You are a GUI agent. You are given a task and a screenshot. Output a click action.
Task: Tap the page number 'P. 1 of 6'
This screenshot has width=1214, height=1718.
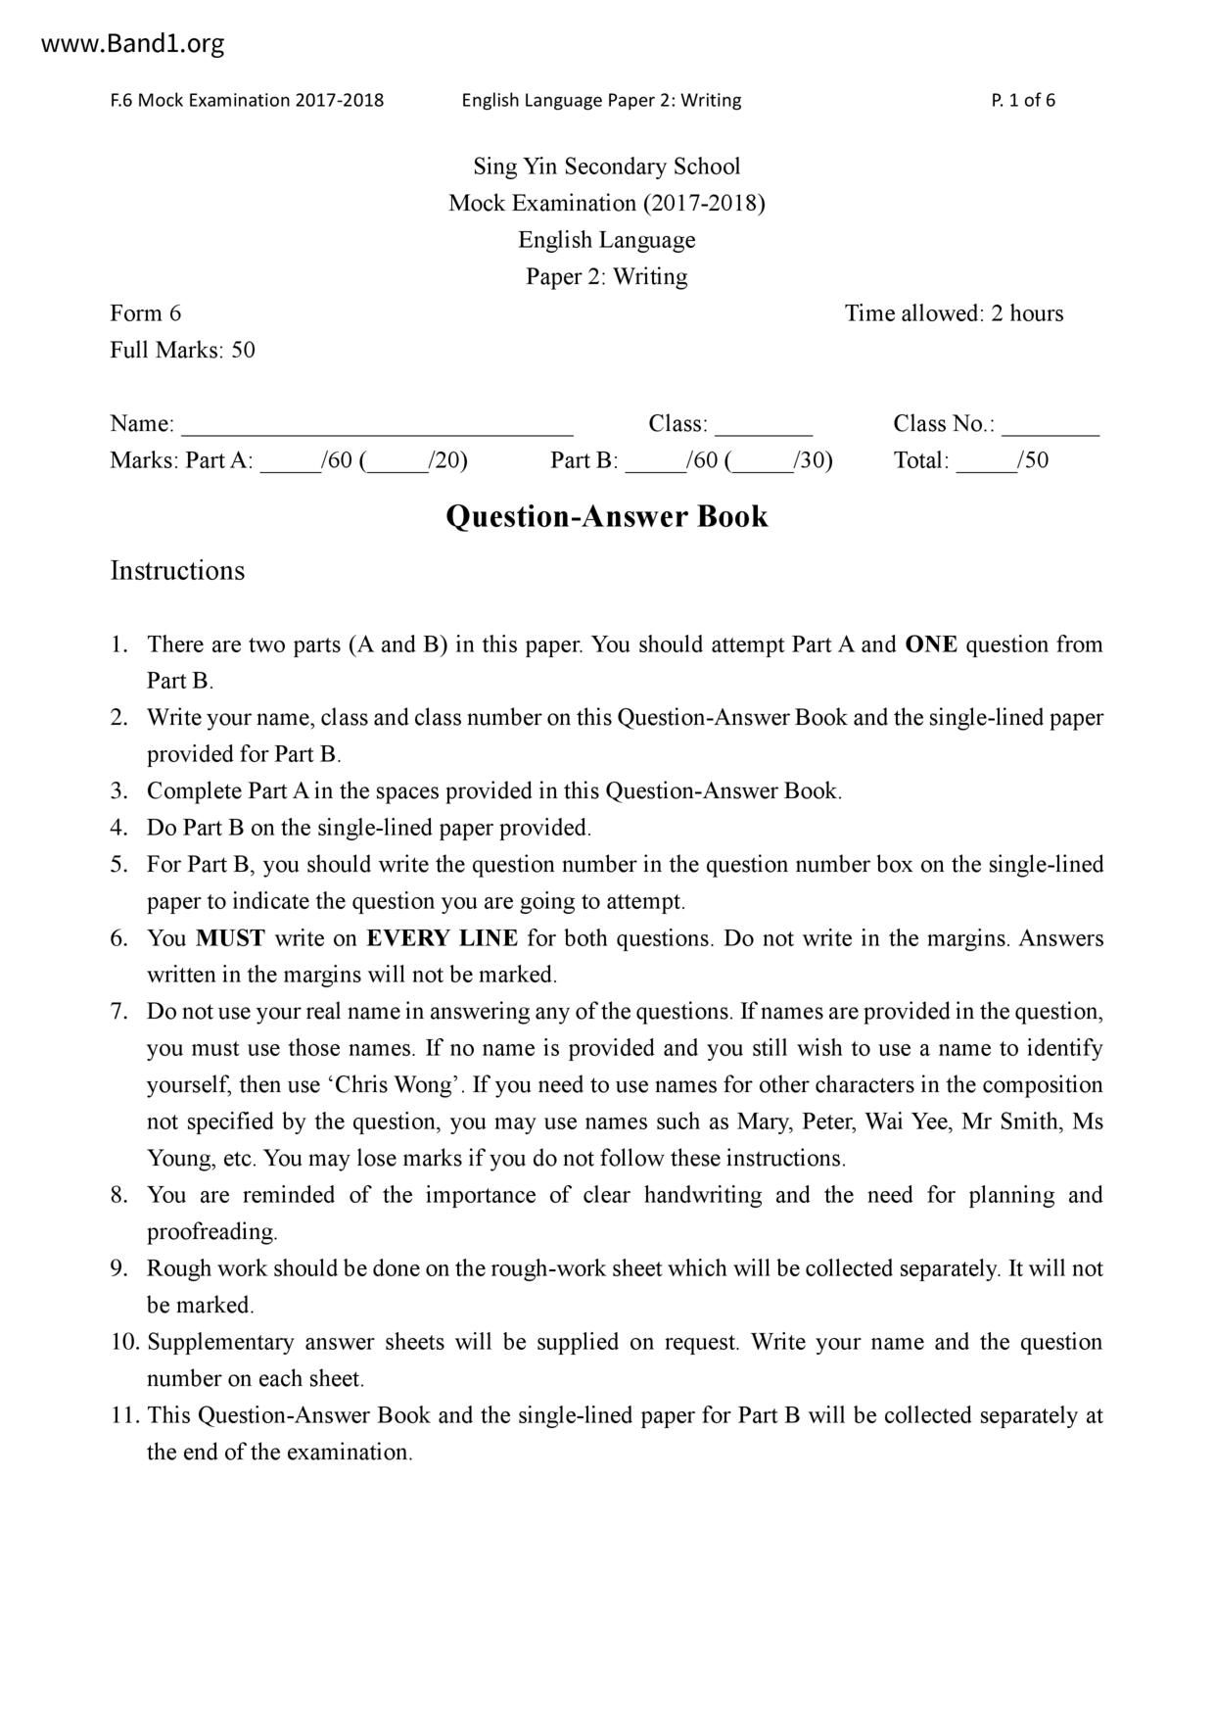click(1023, 100)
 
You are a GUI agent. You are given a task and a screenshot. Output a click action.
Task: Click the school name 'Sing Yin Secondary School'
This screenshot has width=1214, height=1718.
click(606, 167)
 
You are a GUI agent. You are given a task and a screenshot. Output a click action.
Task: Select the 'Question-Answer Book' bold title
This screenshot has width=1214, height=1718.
click(606, 516)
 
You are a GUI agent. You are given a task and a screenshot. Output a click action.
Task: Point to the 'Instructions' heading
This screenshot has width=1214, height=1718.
click(177, 571)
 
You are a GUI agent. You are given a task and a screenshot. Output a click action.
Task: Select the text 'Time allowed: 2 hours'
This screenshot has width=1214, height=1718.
click(954, 313)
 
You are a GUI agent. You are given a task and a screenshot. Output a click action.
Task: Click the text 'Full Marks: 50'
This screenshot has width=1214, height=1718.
click(182, 351)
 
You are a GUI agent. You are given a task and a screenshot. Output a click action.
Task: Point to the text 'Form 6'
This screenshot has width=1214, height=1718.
click(145, 313)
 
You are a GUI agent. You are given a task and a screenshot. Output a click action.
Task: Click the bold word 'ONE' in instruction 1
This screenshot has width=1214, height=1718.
click(931, 644)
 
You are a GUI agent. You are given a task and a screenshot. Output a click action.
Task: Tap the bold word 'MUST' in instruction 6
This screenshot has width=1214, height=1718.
click(230, 938)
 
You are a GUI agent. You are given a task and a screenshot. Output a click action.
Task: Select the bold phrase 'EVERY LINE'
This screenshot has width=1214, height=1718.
click(442, 938)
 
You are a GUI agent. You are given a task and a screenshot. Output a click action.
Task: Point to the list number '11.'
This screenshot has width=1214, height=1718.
click(124, 1415)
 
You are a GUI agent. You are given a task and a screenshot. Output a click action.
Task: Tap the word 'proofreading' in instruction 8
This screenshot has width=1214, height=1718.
click(211, 1232)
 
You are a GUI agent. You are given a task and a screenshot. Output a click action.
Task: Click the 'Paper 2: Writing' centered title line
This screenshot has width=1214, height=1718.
click(606, 277)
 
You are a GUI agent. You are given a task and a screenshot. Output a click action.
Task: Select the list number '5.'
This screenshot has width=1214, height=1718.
click(118, 865)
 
